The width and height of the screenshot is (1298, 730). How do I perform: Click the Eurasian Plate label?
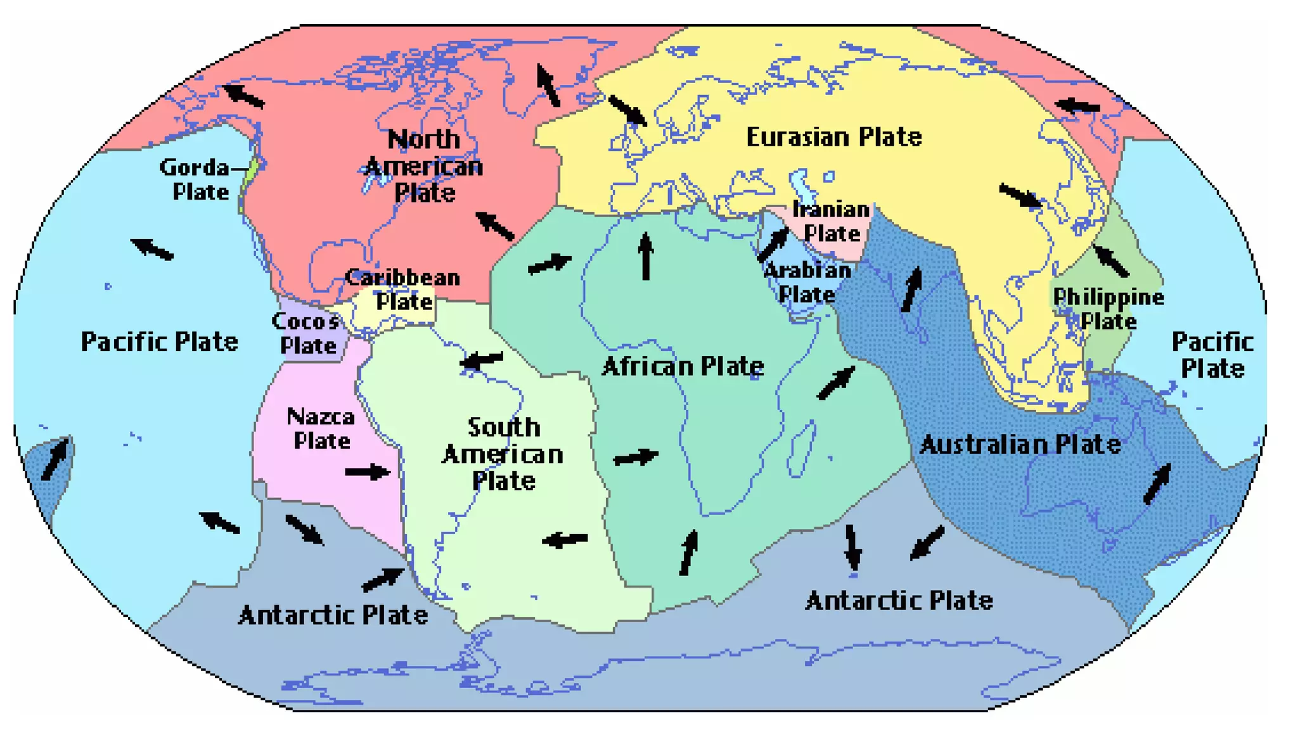833,137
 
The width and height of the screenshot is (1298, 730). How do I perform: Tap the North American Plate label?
424,166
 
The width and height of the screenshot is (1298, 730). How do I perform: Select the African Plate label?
683,366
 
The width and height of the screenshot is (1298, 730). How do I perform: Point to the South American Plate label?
503,454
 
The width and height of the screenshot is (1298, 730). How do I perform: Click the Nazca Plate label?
321,428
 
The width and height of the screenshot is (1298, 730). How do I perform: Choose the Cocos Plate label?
307,333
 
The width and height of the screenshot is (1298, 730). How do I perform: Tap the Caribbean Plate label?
404,289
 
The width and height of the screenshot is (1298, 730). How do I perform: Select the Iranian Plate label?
832,221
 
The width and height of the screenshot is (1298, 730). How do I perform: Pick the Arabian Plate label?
807,282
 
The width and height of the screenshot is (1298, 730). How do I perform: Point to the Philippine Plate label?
1108,309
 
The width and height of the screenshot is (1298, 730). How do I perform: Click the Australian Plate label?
1020,444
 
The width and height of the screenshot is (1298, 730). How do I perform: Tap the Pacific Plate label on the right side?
1212,355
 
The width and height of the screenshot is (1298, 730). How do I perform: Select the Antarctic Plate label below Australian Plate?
899,600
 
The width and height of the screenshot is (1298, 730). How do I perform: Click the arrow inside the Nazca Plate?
368,471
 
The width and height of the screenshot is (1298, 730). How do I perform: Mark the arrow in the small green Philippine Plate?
1111,260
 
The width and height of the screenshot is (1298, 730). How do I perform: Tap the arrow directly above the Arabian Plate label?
774,245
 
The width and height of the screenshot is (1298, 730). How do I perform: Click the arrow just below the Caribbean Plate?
482,361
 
